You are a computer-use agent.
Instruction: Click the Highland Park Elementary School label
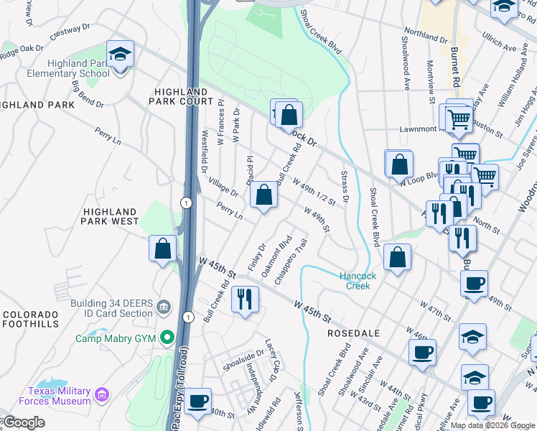(58, 68)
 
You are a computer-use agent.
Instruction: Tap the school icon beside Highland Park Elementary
(120, 55)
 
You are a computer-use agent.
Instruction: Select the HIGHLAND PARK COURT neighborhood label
(184, 97)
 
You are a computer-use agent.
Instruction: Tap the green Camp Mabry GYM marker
(168, 336)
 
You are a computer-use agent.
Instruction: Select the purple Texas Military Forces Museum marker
(101, 394)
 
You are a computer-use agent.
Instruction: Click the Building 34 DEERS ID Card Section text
(111, 307)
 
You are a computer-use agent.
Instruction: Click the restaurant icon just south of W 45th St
(246, 300)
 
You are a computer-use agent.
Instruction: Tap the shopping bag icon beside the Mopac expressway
(163, 249)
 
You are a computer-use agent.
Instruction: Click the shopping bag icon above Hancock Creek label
(396, 259)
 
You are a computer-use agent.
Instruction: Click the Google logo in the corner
(24, 422)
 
